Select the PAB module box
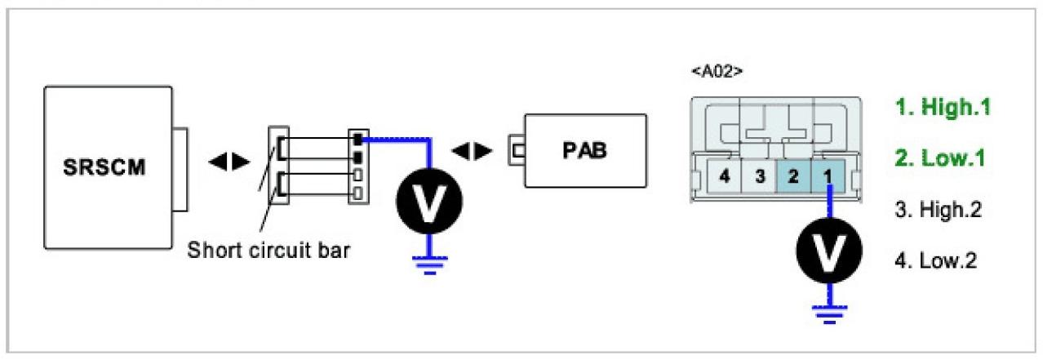586,153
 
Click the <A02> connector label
716,71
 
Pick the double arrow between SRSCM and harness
229,162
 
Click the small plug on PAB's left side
517,152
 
